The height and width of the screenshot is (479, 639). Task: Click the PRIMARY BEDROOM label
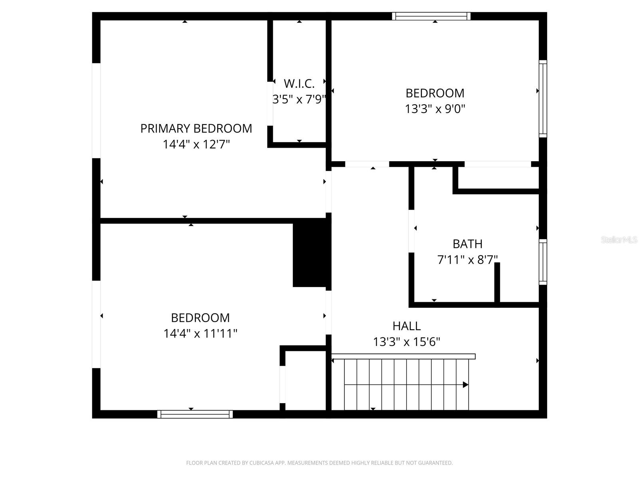click(x=196, y=129)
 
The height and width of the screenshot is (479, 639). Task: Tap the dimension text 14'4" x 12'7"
click(x=196, y=144)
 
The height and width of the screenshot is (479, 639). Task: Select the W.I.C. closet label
click(x=299, y=84)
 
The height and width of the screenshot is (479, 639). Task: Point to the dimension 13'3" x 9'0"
click(x=435, y=109)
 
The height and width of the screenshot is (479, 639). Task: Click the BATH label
click(x=467, y=244)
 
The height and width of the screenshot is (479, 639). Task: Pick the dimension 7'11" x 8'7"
click(x=467, y=260)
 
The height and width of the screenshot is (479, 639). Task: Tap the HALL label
click(x=407, y=326)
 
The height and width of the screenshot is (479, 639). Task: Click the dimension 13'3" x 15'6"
click(x=407, y=342)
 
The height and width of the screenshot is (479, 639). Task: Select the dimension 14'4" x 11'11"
click(x=200, y=333)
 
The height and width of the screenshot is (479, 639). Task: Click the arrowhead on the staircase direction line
click(x=465, y=385)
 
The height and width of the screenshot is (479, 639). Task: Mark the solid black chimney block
click(x=312, y=255)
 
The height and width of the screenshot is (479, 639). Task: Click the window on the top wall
click(x=431, y=16)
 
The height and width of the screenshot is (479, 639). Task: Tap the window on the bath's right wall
click(x=543, y=262)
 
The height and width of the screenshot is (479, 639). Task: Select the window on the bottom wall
click(x=195, y=414)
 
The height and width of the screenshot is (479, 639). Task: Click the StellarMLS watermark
click(x=619, y=240)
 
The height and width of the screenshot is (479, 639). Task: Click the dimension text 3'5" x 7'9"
click(x=299, y=99)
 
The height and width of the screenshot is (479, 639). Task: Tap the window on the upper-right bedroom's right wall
click(x=543, y=99)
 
